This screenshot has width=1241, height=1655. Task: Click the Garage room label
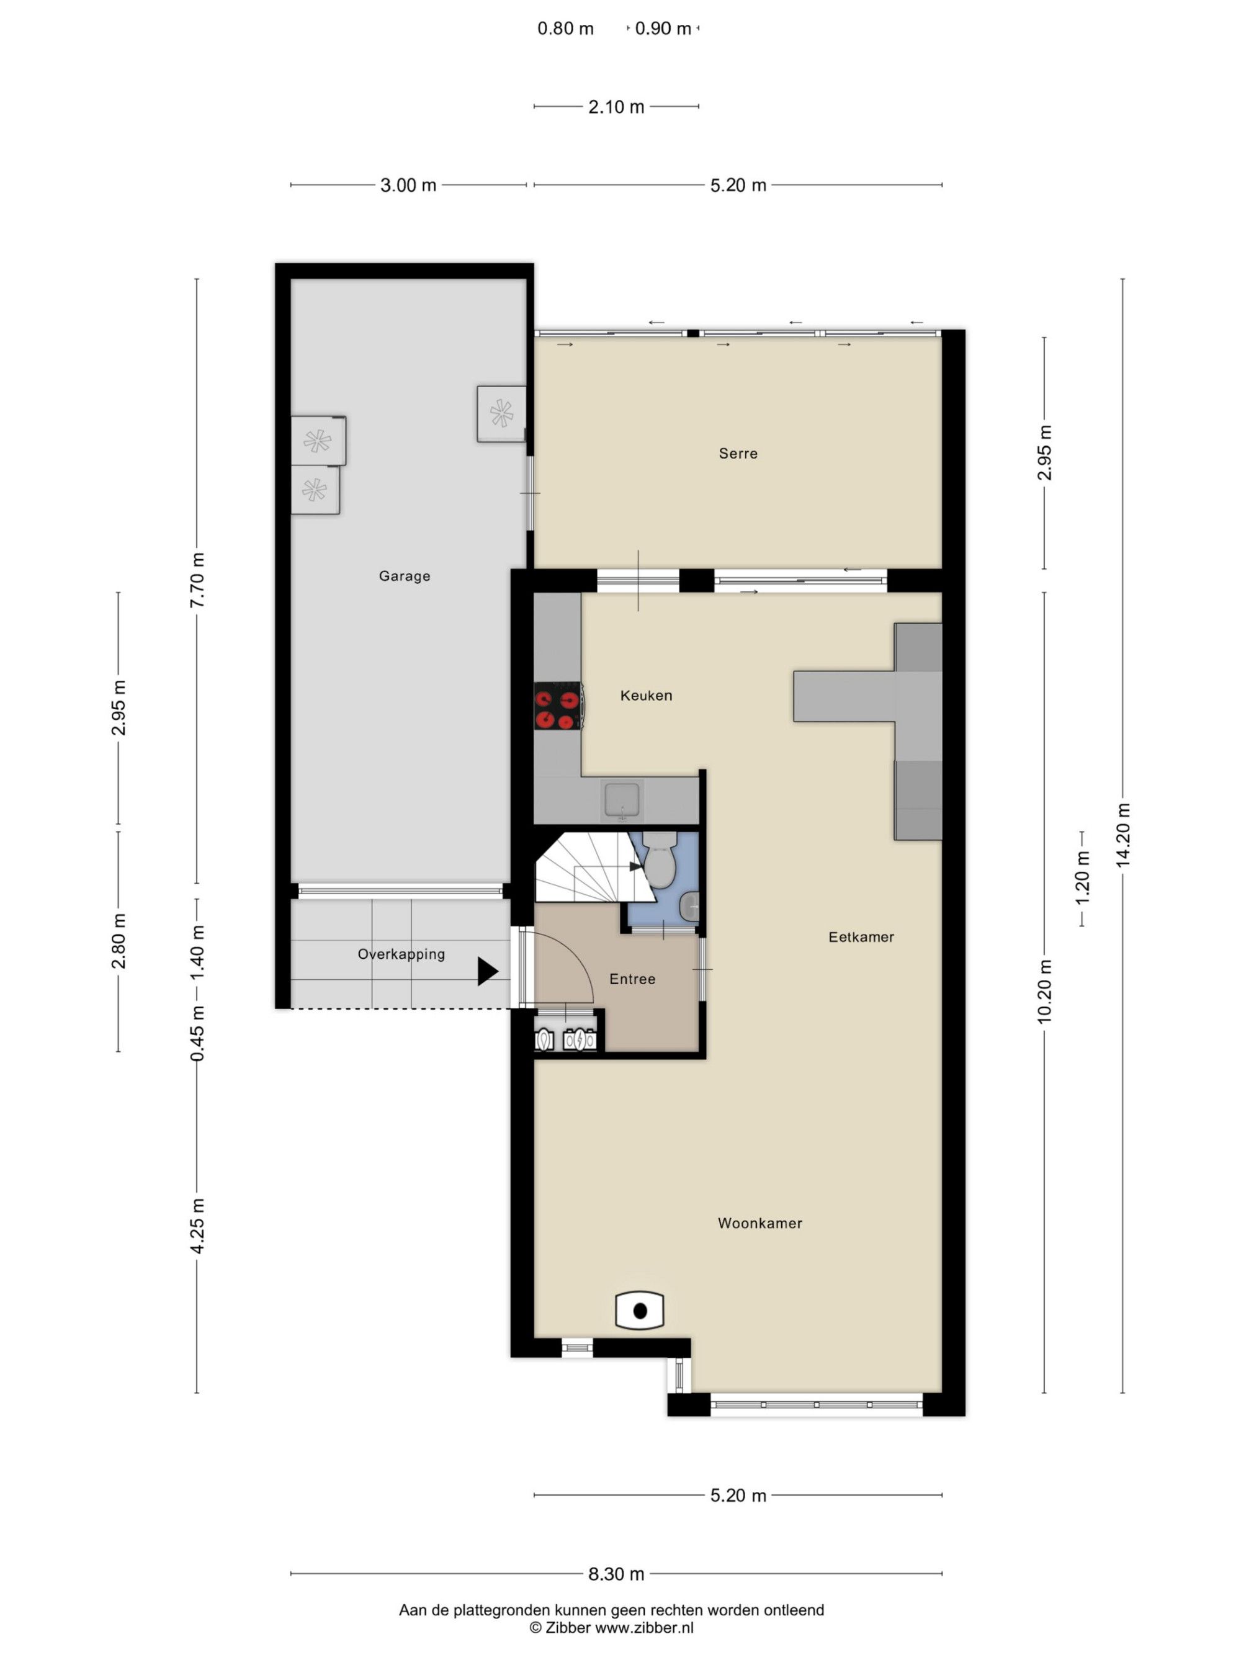[x=404, y=576]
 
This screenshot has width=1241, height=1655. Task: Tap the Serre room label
[x=738, y=454]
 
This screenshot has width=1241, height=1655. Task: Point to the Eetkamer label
[x=861, y=937]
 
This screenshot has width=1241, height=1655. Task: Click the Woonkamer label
[x=759, y=1223]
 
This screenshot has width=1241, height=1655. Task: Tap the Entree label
[x=632, y=979]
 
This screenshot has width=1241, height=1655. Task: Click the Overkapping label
[x=401, y=954]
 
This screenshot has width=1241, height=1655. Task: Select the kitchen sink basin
[x=622, y=800]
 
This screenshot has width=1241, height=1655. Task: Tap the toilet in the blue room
[x=659, y=861]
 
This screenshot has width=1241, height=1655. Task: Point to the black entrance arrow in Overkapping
[x=488, y=971]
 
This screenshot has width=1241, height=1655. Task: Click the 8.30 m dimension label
[x=616, y=1574]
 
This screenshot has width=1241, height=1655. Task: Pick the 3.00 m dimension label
[x=408, y=185]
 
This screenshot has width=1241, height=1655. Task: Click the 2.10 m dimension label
[x=616, y=107]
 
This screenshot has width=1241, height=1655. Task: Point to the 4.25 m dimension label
[x=197, y=1226]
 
